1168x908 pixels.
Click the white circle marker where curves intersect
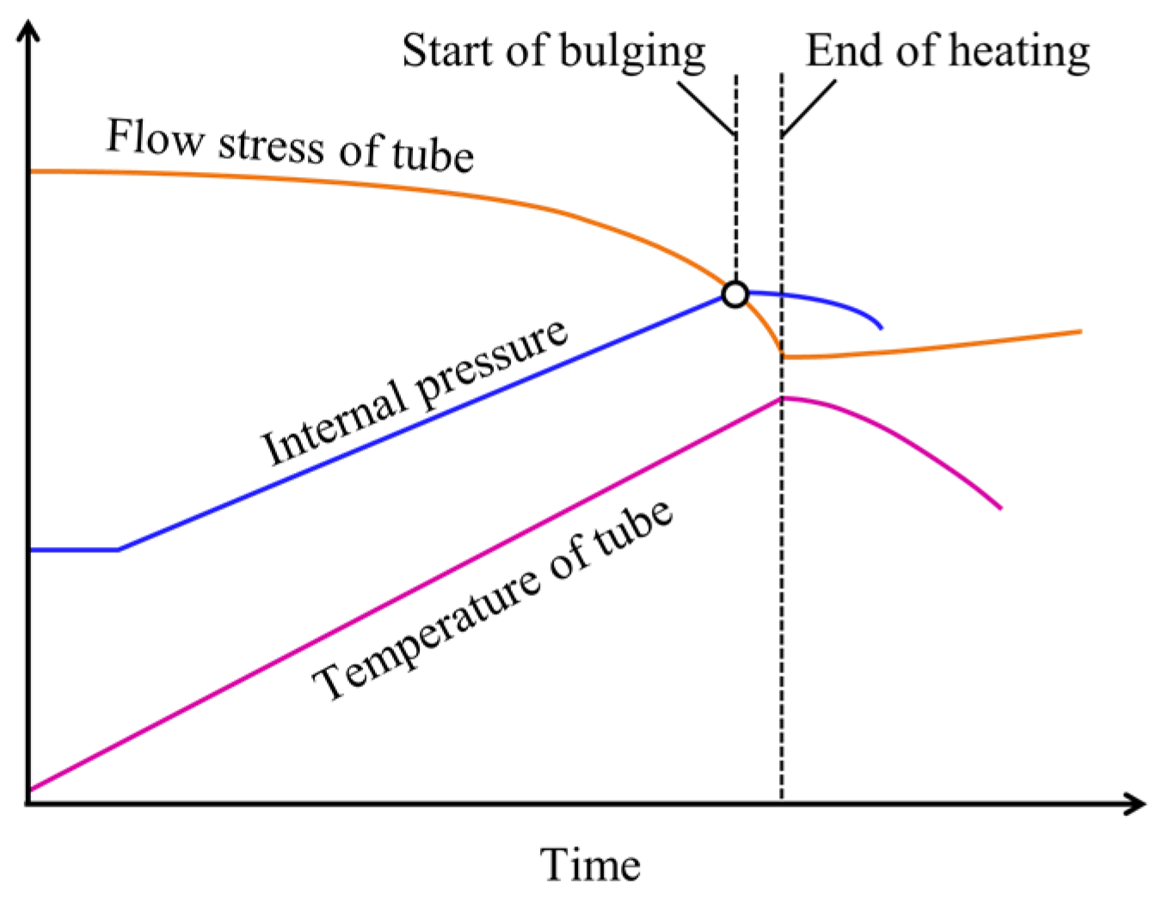coord(735,294)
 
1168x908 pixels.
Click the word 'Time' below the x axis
coord(590,864)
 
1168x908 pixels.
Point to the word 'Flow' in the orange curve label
coord(156,138)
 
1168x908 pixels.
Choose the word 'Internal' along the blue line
coord(334,422)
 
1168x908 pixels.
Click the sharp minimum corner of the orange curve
coord(782,353)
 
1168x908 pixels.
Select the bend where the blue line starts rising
coord(119,549)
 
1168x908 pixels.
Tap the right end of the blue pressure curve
coord(881,328)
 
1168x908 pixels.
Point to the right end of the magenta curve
coord(1000,507)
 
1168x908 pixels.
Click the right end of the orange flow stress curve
coord(1079,331)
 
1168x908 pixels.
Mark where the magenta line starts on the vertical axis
coord(31,788)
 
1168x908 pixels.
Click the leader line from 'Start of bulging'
coord(705,108)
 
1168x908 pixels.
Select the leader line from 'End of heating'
coord(808,107)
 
